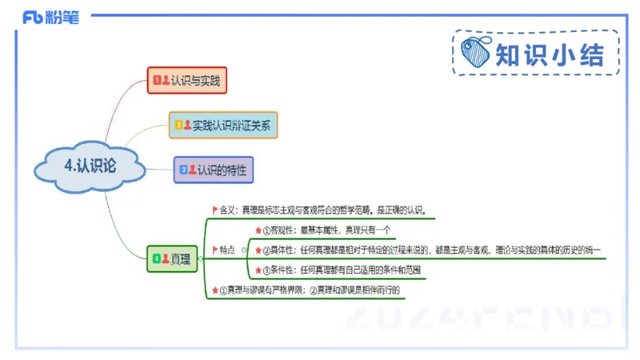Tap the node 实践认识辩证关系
[223, 125]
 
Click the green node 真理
[174, 258]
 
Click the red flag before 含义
[214, 210]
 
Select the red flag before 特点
[214, 250]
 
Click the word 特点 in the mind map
[228, 250]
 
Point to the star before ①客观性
[258, 230]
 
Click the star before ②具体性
[258, 250]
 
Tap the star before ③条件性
[258, 270]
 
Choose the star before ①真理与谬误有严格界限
[214, 290]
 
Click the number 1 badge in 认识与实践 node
[157, 80]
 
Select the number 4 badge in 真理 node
[157, 258]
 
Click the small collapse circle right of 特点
[243, 250]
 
